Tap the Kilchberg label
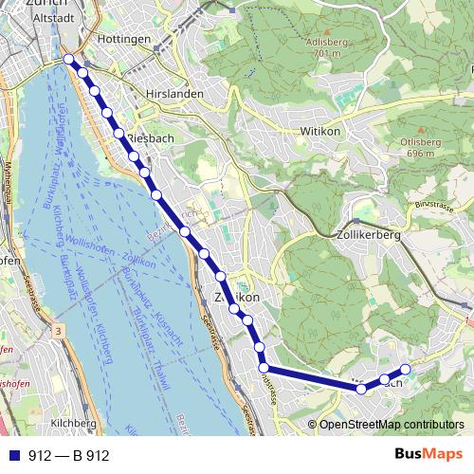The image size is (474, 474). coord(75,423)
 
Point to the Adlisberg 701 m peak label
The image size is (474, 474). coord(323,48)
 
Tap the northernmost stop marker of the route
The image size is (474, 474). coord(69,59)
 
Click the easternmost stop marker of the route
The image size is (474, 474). coord(405,369)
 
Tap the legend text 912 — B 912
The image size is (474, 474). coord(68,456)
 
